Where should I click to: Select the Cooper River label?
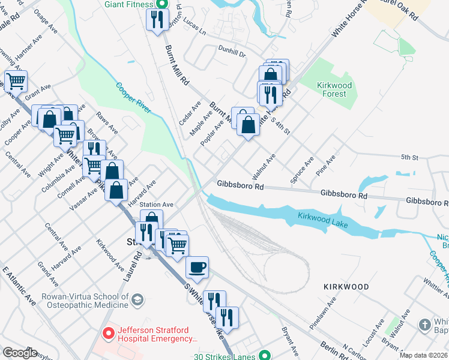pos(133,96)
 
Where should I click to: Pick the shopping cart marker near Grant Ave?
pos(16,80)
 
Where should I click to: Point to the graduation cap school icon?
pos(137,299)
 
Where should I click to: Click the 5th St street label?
pos(409,157)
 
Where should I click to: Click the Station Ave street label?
pos(157,205)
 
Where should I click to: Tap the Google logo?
pos(20,353)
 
